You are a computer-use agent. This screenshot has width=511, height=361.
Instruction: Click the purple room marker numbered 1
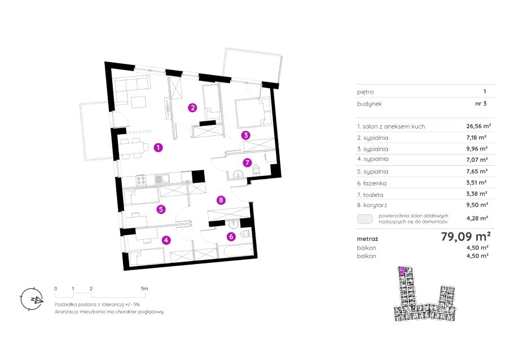pos(158,148)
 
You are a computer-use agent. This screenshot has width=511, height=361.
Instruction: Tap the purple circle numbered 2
pos(192,108)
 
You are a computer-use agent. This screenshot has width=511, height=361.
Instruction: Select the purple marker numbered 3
pos(246,135)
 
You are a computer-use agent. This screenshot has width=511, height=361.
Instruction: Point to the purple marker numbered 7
pos(248,162)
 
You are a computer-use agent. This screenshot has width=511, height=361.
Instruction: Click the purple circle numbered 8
pos(221,200)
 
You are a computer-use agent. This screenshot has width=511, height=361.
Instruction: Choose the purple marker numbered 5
pos(161,209)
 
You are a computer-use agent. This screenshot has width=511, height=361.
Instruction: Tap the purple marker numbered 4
pos(166,240)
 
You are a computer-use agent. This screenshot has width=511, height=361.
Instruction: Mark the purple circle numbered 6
pos(231,236)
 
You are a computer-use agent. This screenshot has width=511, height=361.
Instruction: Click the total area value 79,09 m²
pos(466,236)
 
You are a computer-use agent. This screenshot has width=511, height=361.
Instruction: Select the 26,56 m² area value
pos(478,126)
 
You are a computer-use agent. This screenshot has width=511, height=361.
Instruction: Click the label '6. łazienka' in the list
pos(372,183)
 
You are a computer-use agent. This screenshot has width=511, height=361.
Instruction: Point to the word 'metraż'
pos(367,239)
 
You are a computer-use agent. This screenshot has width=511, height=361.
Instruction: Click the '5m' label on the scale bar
pos(144,288)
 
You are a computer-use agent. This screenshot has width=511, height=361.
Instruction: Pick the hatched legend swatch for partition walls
pos(365,219)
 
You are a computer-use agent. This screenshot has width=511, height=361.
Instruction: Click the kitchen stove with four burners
pos(141,180)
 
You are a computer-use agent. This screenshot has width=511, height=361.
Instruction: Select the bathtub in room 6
pos(238,250)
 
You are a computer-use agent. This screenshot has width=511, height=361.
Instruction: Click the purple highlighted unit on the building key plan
pos(402,271)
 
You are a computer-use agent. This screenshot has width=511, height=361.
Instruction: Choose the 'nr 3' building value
pos(481,104)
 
